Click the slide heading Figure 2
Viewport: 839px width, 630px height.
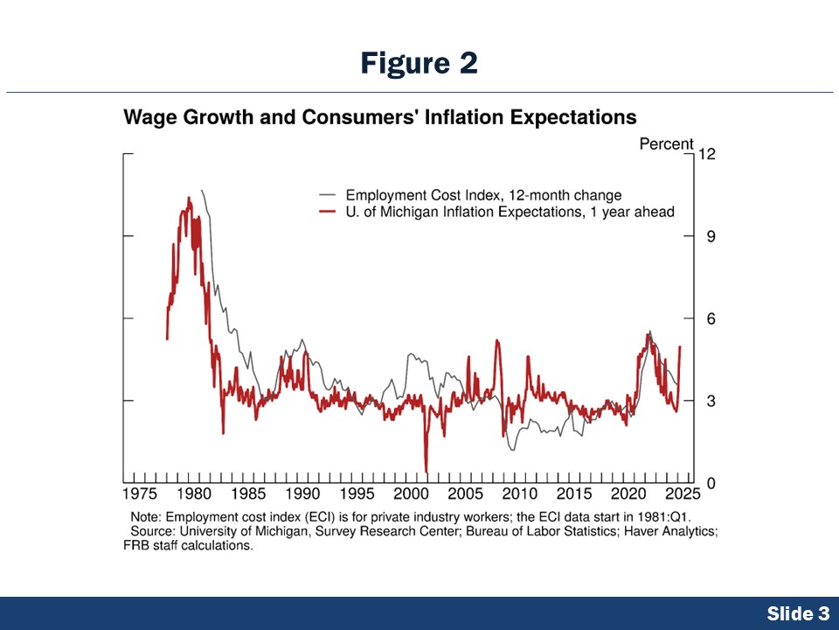(x=419, y=63)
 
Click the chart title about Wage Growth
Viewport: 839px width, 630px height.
(x=380, y=117)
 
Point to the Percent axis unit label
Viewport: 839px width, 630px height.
(x=666, y=144)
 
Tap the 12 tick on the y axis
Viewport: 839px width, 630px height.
(x=706, y=155)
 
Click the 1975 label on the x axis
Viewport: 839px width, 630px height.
(x=140, y=494)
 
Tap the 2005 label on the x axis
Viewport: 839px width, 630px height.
(x=466, y=494)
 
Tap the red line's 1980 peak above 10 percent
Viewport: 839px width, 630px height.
(x=188, y=199)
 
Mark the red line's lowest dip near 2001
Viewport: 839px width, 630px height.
(x=426, y=471)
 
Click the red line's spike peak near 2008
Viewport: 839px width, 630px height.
(x=497, y=339)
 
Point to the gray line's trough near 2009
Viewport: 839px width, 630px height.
(x=512, y=449)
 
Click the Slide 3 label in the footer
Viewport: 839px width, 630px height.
(x=798, y=614)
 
